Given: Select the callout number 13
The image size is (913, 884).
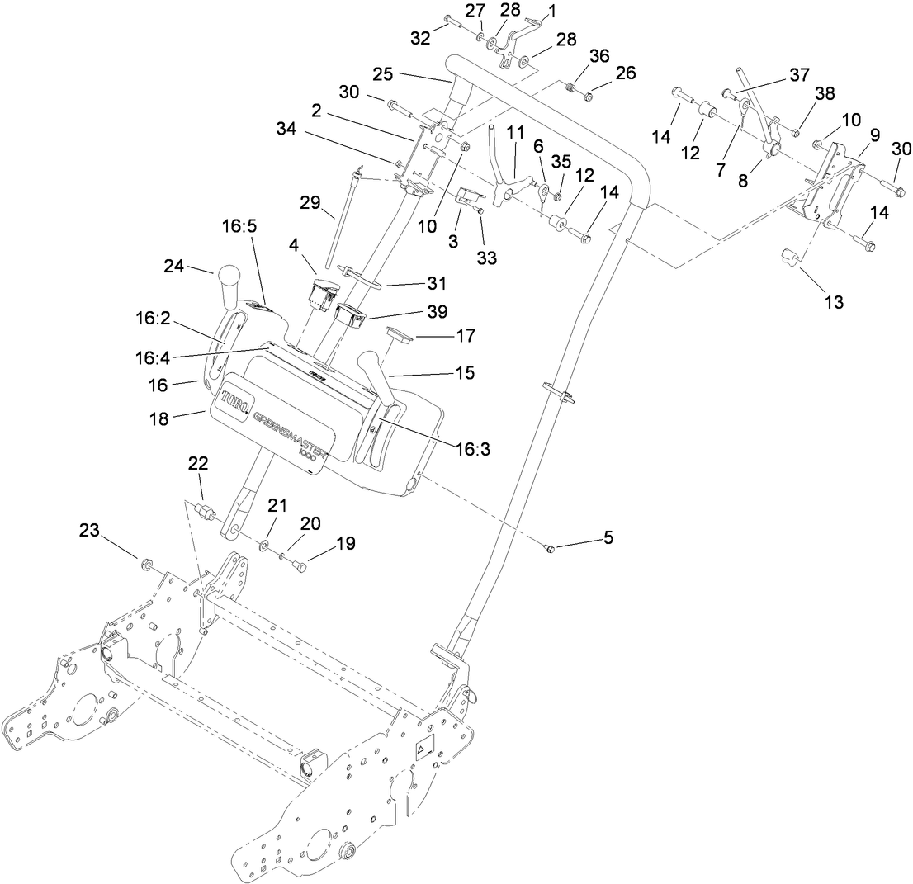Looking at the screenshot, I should click(x=834, y=302).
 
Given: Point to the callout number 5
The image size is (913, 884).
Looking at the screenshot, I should click(x=608, y=537).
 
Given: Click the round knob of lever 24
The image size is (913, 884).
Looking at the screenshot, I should click(x=228, y=277).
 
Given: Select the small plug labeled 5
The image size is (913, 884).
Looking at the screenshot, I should click(x=551, y=548).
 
